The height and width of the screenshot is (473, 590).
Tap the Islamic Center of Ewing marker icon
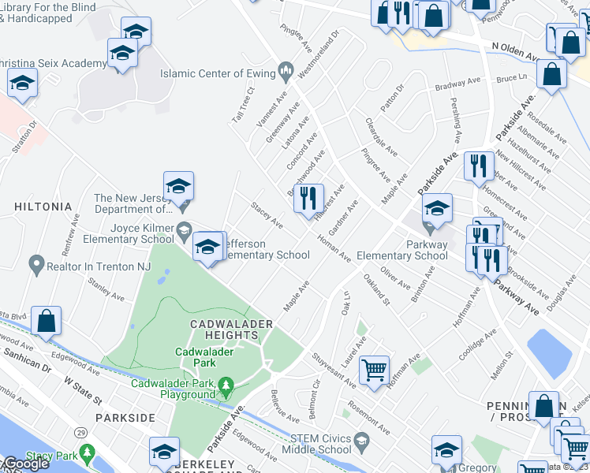285,73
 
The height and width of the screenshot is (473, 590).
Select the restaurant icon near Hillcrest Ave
308,199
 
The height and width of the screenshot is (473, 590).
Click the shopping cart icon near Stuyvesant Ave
374,369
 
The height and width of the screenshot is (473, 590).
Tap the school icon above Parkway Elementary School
436,209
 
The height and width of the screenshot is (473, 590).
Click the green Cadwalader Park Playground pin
226,387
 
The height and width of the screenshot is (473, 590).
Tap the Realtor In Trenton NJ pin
35,265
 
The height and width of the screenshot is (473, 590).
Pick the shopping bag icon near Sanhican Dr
47,322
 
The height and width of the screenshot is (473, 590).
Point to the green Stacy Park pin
87,454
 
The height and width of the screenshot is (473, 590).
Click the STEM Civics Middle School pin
362,439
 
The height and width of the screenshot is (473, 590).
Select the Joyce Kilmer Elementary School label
131,233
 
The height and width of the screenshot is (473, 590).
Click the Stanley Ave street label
106,289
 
